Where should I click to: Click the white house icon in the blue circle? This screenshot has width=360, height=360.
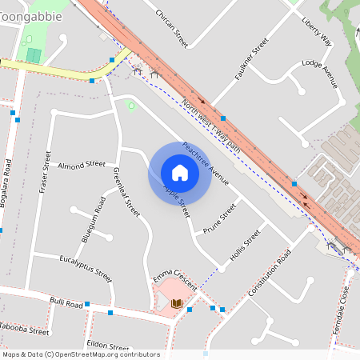click(179, 173)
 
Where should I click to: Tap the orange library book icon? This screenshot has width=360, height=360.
click(177, 303)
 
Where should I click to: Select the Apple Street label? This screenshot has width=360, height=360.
click(177, 201)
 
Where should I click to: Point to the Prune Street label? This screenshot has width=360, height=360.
click(220, 217)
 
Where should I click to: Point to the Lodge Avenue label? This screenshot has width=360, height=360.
click(320, 74)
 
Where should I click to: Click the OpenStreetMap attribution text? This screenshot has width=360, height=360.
click(81, 354)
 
